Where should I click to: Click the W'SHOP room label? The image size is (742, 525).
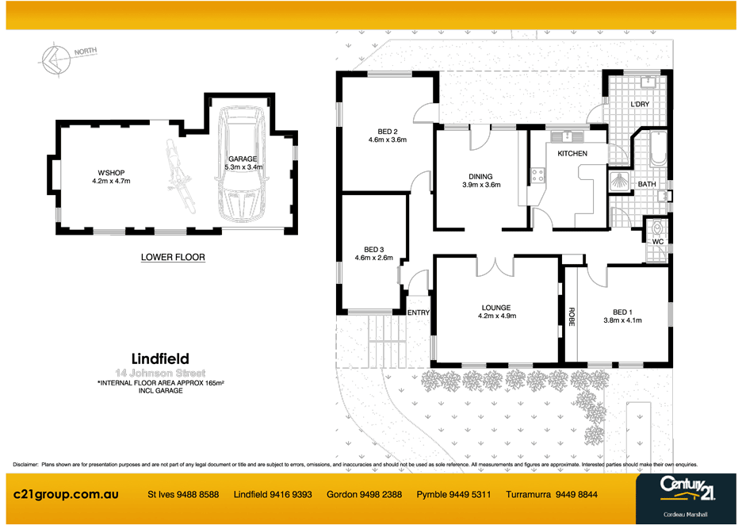(x=111, y=172)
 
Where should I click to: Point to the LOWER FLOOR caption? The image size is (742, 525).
(x=173, y=257)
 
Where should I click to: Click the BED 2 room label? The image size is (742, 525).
(x=387, y=131)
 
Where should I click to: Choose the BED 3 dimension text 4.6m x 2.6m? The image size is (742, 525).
(x=373, y=257)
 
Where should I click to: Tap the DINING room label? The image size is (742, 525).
(x=480, y=177)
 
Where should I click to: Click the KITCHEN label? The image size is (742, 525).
(x=572, y=153)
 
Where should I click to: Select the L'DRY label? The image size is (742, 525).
(x=640, y=104)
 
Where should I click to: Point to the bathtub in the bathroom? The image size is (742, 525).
(x=659, y=150)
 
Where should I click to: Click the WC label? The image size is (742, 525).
(x=657, y=240)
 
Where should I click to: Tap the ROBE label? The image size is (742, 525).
(x=570, y=316)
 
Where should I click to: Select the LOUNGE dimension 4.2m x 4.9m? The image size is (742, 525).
(x=496, y=316)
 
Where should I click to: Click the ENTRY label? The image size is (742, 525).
(x=418, y=312)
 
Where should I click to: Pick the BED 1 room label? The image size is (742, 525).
(x=622, y=312)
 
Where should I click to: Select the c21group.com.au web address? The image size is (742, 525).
(x=67, y=494)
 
